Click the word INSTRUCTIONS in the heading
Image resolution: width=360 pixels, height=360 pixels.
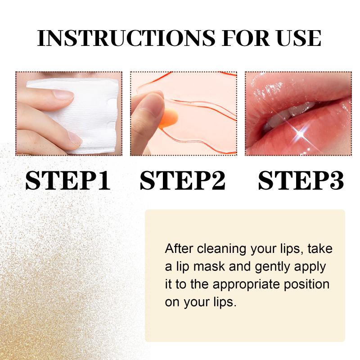126,38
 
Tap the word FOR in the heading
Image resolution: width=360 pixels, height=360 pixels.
246,38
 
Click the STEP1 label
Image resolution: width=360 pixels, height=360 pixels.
68,180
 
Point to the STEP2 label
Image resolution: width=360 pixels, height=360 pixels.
183,180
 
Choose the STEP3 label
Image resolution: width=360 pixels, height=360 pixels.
301,180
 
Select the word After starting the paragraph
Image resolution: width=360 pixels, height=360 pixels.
179,248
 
